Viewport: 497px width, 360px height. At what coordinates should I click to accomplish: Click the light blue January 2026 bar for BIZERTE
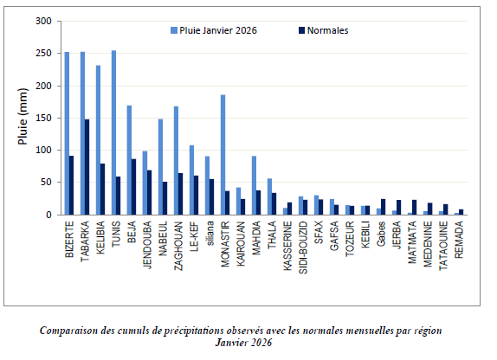(67, 133)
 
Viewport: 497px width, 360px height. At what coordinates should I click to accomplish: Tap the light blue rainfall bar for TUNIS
(114, 132)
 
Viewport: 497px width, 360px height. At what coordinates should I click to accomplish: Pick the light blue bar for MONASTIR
(223, 155)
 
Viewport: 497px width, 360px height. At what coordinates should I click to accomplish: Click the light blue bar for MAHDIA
(254, 185)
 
